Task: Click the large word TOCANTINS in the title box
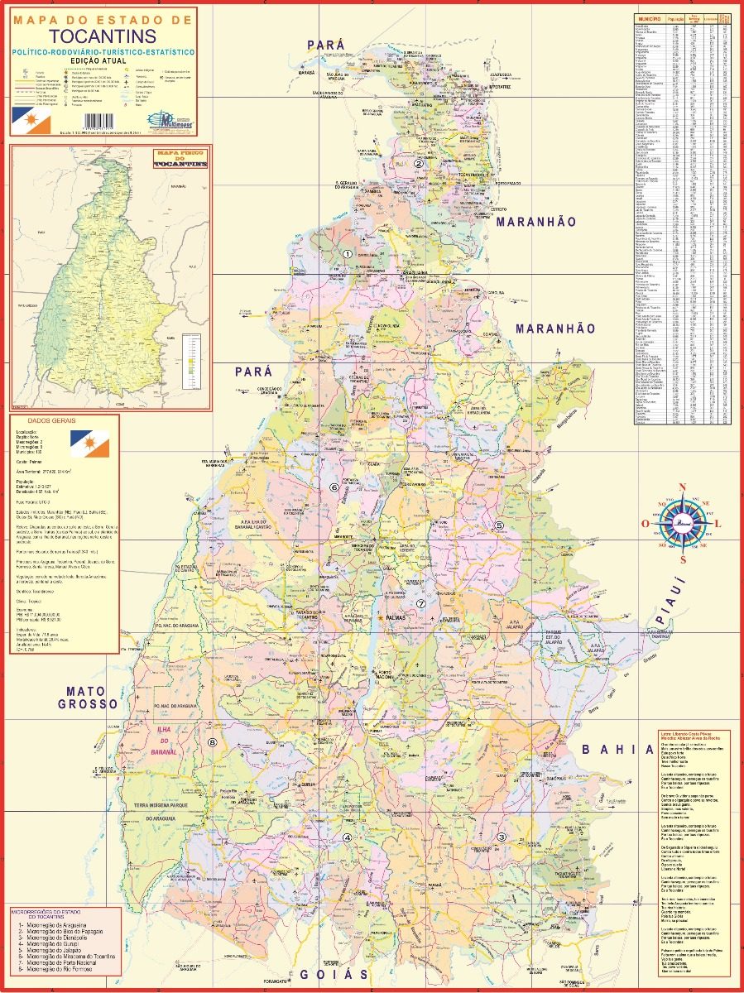pyautogui.click(x=102, y=36)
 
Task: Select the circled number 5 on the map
pyautogui.click(x=499, y=525)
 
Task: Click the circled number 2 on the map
pyautogui.click(x=419, y=163)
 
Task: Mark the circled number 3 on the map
pyautogui.click(x=502, y=837)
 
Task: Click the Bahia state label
pyautogui.click(x=617, y=750)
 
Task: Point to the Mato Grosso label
pyautogui.click(x=89, y=698)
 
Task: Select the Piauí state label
pyautogui.click(x=671, y=604)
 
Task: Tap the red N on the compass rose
pyautogui.click(x=683, y=487)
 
